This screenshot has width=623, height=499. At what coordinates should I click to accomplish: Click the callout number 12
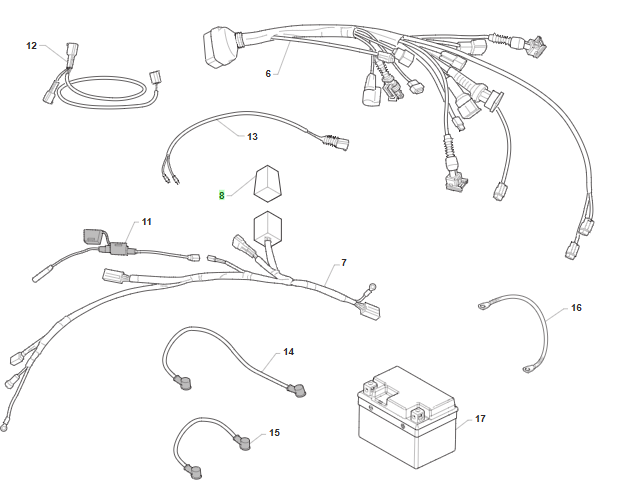31,46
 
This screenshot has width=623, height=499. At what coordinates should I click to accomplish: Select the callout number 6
268,74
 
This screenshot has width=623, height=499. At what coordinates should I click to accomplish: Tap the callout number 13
252,136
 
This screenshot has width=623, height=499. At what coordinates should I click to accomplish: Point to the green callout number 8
222,196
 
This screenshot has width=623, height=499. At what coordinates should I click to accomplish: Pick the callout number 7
343,262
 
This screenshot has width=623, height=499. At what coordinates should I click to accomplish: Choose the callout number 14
288,352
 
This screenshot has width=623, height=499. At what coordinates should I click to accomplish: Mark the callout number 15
274,433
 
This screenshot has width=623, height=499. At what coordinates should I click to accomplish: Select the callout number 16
576,308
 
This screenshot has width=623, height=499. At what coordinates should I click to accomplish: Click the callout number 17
480,418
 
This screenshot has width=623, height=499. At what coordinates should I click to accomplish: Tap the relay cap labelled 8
267,182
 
